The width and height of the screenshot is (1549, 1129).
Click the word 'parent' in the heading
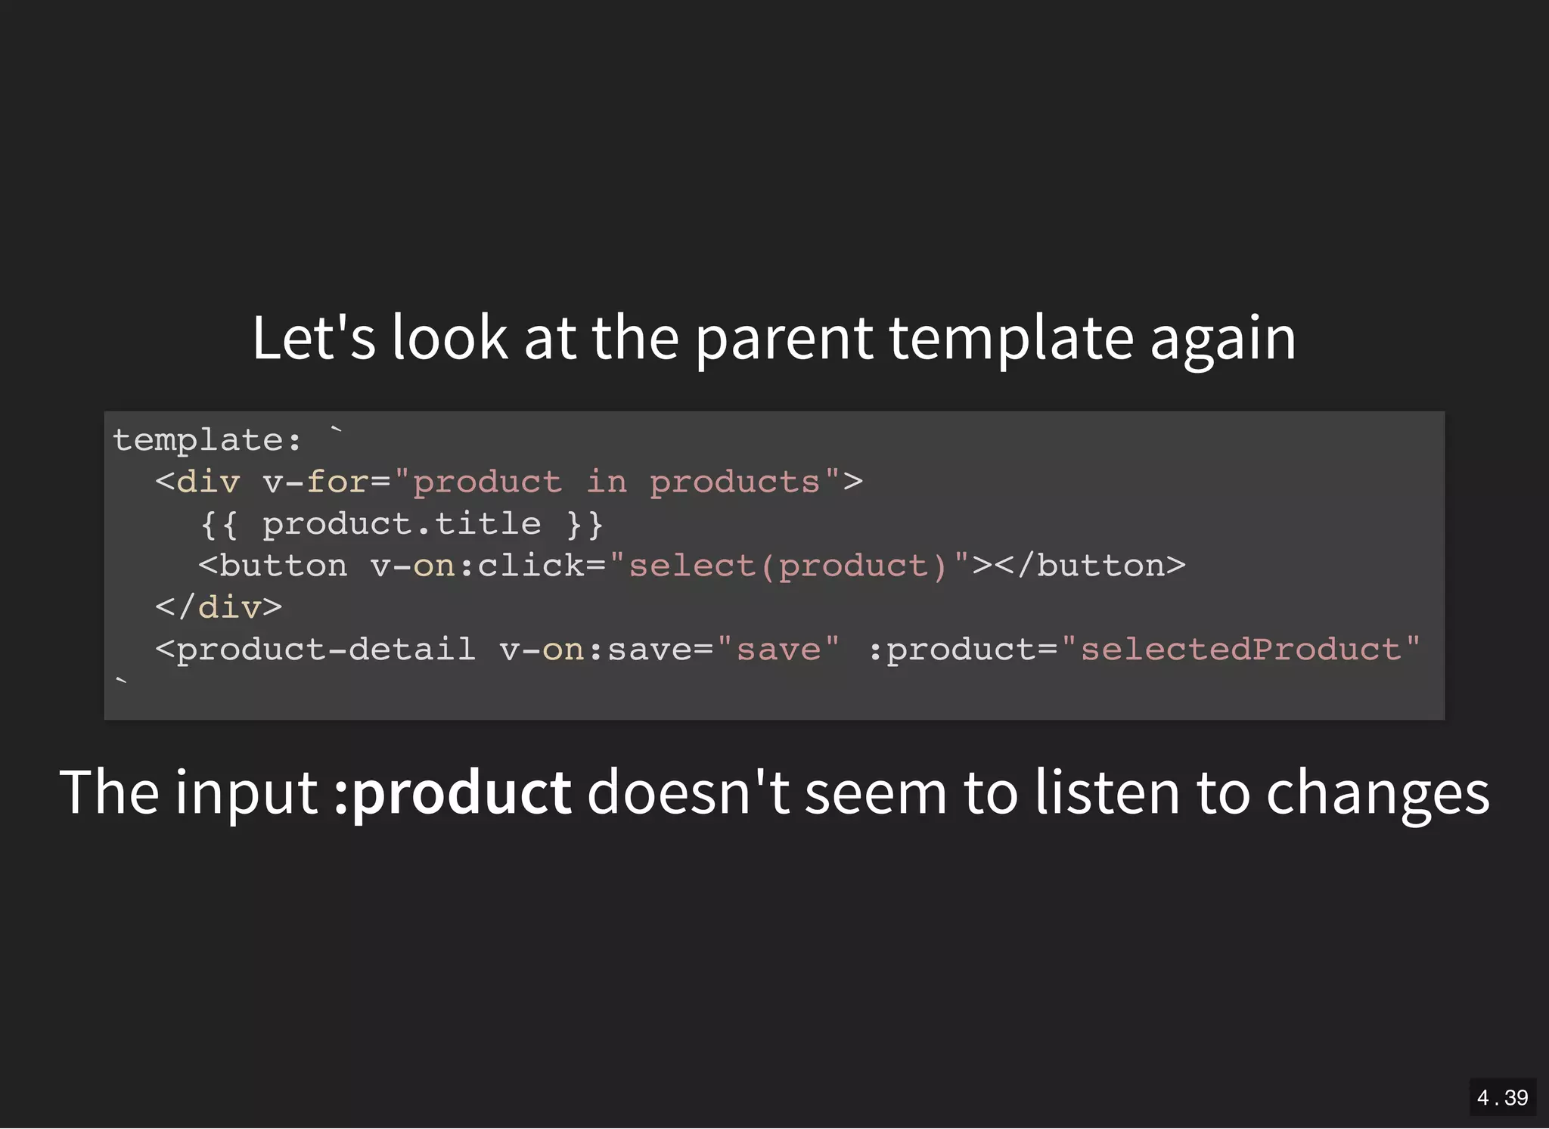click(x=784, y=338)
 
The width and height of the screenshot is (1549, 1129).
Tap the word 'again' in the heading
click(x=1222, y=338)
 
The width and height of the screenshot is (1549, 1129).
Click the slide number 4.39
click(x=1502, y=1097)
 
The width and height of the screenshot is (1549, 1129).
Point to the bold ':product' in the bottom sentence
click(x=452, y=792)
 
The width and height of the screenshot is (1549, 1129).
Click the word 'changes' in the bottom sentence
click(x=1377, y=792)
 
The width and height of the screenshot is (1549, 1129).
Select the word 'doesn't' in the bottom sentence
click(x=688, y=792)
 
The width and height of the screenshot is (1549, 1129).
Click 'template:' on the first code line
click(x=207, y=440)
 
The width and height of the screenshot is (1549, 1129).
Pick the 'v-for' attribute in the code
click(x=315, y=482)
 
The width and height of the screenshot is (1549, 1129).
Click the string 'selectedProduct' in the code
click(x=1240, y=650)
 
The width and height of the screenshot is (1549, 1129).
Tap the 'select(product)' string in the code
click(x=787, y=566)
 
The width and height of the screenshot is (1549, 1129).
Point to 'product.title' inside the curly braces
click(x=402, y=524)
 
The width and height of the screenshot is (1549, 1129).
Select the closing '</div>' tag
click(x=219, y=607)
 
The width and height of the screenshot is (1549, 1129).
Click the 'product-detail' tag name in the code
click(x=325, y=650)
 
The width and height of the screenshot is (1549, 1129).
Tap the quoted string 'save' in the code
click(x=778, y=650)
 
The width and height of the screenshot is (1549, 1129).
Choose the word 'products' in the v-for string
click(x=734, y=482)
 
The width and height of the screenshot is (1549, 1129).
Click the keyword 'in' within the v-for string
click(x=607, y=482)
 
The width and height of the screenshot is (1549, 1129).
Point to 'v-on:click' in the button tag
click(x=477, y=566)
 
